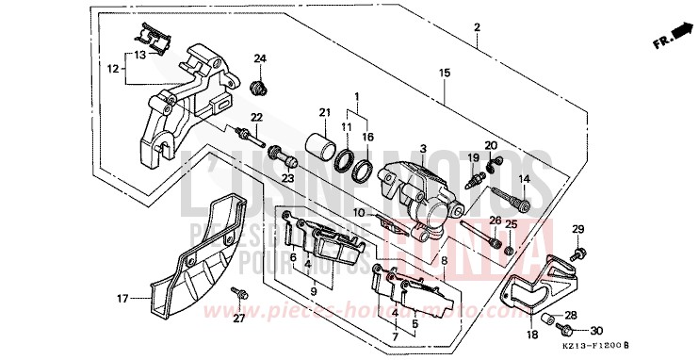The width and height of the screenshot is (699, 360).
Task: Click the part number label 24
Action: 261,58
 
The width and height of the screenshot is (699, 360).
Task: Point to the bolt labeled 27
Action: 242,298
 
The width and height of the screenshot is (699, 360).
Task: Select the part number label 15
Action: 446,73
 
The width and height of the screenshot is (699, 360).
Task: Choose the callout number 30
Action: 595,331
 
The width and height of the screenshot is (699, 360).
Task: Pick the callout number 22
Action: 255,117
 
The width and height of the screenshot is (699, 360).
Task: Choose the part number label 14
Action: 524,179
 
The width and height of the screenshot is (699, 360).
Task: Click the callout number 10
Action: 359,214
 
